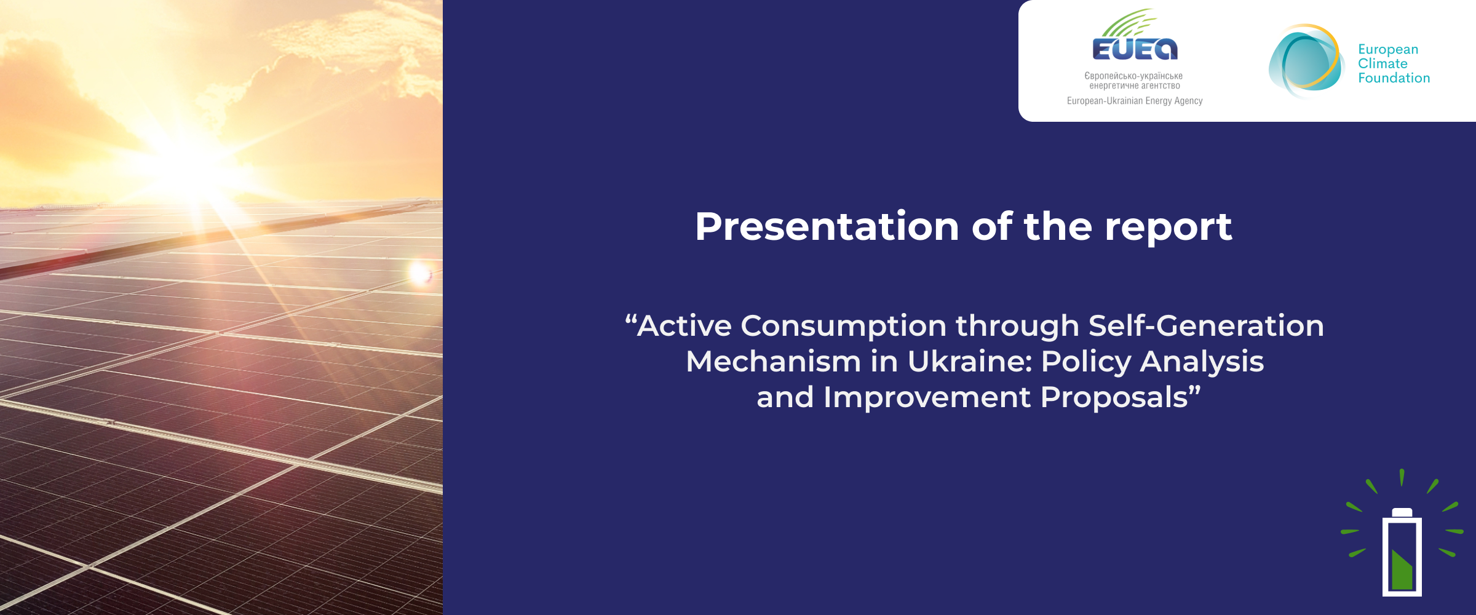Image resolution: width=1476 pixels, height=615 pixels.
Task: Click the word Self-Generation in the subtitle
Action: pyautogui.click(x=1206, y=325)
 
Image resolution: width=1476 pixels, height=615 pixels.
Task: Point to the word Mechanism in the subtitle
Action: pyautogui.click(x=774, y=361)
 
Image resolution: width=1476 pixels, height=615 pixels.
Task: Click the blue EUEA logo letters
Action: pyautogui.click(x=1135, y=49)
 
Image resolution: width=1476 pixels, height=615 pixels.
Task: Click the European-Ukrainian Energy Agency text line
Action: pyautogui.click(x=1135, y=101)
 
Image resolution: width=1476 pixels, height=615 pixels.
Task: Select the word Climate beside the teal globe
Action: pyautogui.click(x=1383, y=63)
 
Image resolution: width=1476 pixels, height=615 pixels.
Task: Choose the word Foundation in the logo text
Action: pyautogui.click(x=1394, y=78)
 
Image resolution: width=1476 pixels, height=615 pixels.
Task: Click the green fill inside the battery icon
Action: pyautogui.click(x=1402, y=569)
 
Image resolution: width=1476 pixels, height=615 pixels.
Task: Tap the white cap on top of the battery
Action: pyautogui.click(x=1402, y=512)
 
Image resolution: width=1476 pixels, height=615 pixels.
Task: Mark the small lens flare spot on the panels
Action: pyautogui.click(x=421, y=272)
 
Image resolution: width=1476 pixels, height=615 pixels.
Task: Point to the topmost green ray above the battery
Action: pyautogui.click(x=1402, y=477)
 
